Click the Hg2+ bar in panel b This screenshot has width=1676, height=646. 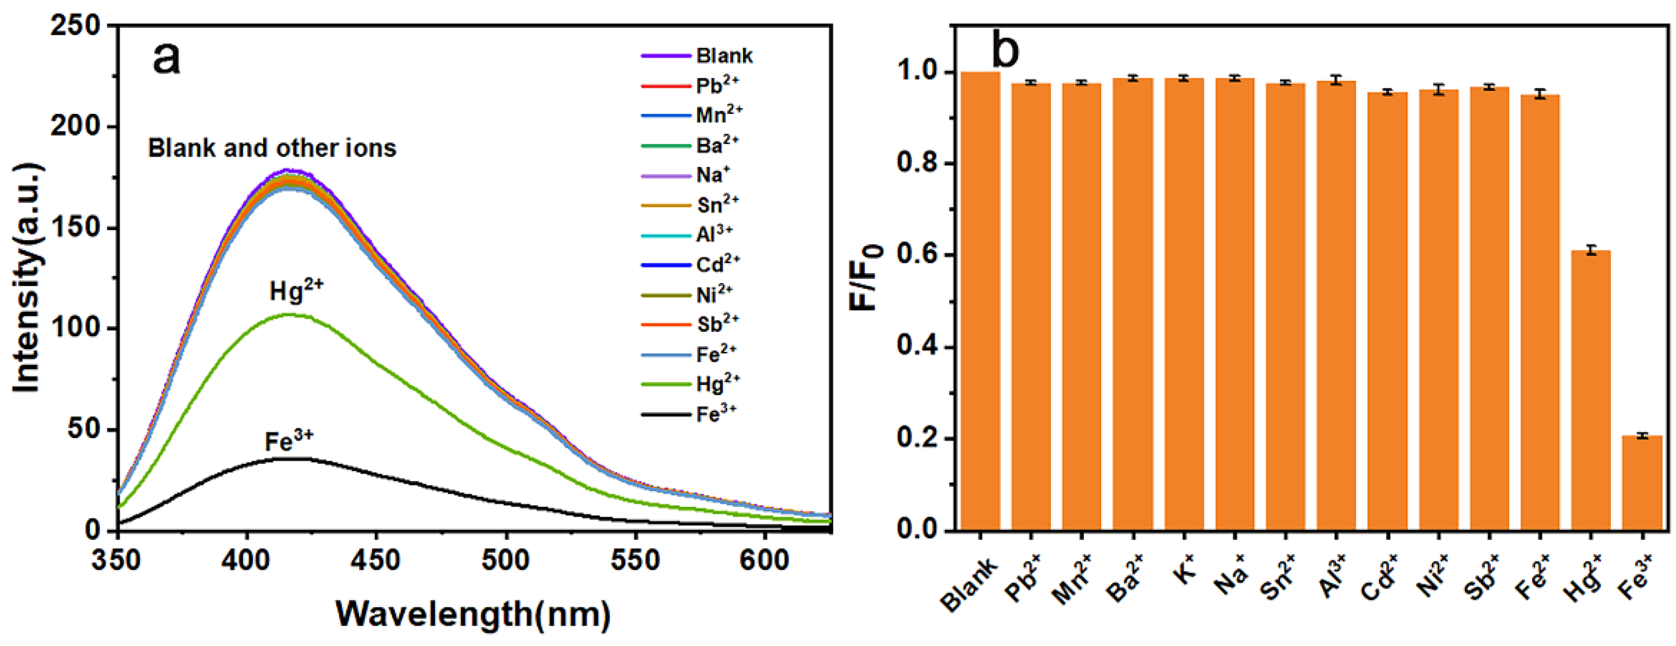[x=1590, y=390]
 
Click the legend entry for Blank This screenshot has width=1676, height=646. [x=696, y=56]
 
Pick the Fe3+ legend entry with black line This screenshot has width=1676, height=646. [x=689, y=414]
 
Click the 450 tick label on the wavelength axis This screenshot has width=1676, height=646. [x=375, y=560]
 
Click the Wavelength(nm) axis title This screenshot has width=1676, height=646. [x=473, y=613]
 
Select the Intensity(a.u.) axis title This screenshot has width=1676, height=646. [x=27, y=278]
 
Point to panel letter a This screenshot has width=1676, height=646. [x=166, y=58]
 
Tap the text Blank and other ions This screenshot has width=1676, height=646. [x=272, y=148]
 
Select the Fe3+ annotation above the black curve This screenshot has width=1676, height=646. [x=289, y=441]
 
